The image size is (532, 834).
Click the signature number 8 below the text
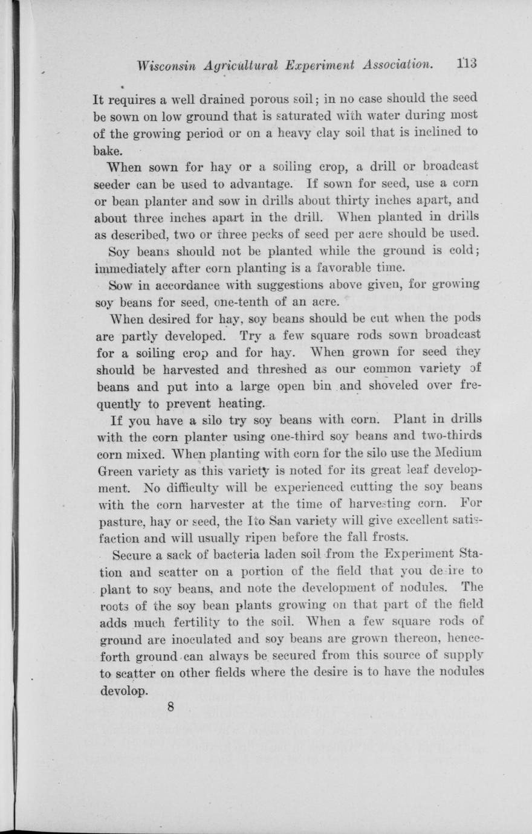(171, 708)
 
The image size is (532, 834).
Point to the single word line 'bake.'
(108, 148)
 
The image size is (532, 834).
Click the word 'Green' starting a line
(114, 470)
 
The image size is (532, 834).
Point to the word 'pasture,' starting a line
(117, 520)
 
